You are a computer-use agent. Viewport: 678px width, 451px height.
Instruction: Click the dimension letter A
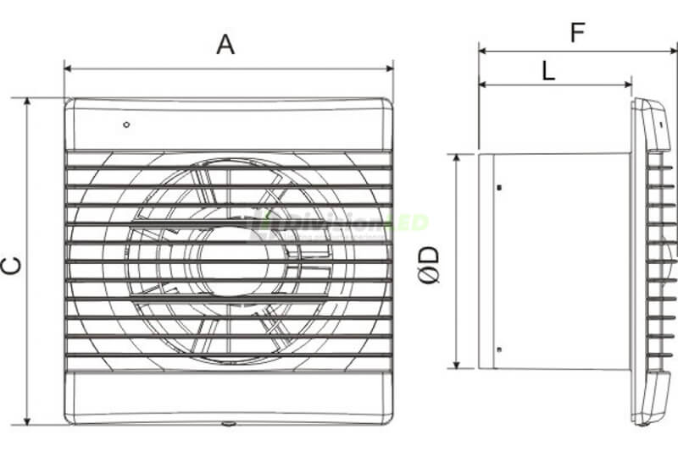pyautogui.click(x=225, y=44)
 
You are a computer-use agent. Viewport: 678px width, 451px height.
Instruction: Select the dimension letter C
pyautogui.click(x=11, y=265)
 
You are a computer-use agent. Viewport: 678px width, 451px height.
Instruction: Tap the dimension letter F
pyautogui.click(x=577, y=33)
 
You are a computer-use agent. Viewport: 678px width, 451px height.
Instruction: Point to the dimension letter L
pyautogui.click(x=548, y=71)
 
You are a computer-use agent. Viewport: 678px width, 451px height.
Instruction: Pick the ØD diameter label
pyautogui.click(x=431, y=262)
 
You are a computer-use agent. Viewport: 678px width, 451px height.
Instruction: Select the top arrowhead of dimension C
pyautogui.click(x=28, y=102)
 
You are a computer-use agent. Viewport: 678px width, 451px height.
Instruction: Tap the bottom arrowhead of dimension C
pyautogui.click(x=28, y=421)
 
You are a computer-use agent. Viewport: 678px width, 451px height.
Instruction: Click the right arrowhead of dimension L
pyautogui.click(x=628, y=85)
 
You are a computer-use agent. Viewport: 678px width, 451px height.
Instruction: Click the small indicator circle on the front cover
pyautogui.click(x=126, y=125)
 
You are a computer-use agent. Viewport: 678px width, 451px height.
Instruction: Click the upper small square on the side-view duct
pyautogui.click(x=498, y=185)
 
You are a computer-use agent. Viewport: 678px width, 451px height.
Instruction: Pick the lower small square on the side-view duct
pyautogui.click(x=498, y=349)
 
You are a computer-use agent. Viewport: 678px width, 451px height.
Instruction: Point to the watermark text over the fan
pyautogui.click(x=339, y=224)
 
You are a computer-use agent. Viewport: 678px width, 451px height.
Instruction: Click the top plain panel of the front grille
pyautogui.click(x=228, y=127)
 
